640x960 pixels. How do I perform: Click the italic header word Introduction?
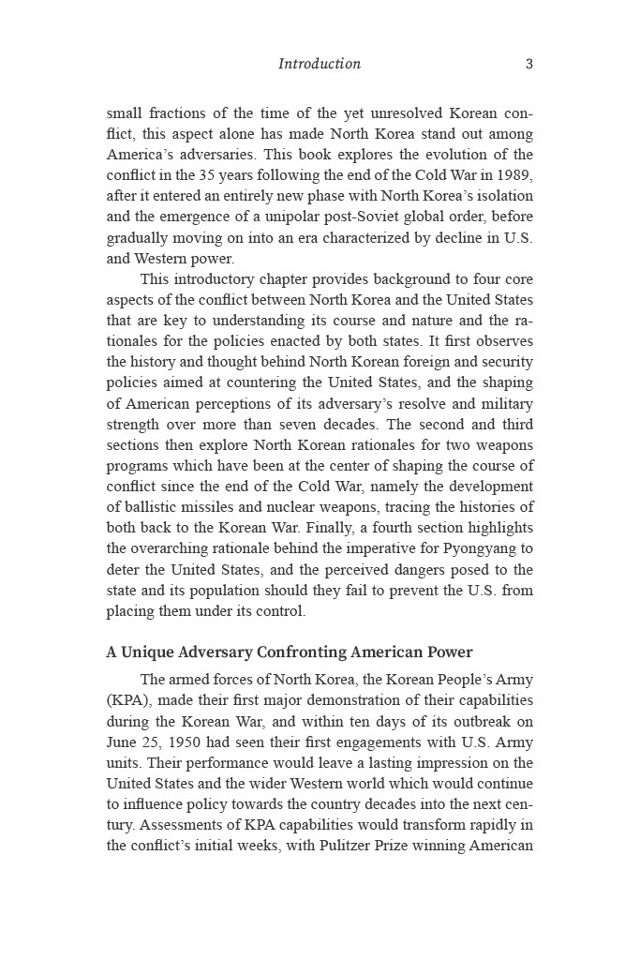[x=319, y=64]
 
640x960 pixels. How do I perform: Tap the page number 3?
[x=529, y=64]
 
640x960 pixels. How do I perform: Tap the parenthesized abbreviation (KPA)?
[x=127, y=700]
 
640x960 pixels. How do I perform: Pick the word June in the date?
[x=122, y=742]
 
